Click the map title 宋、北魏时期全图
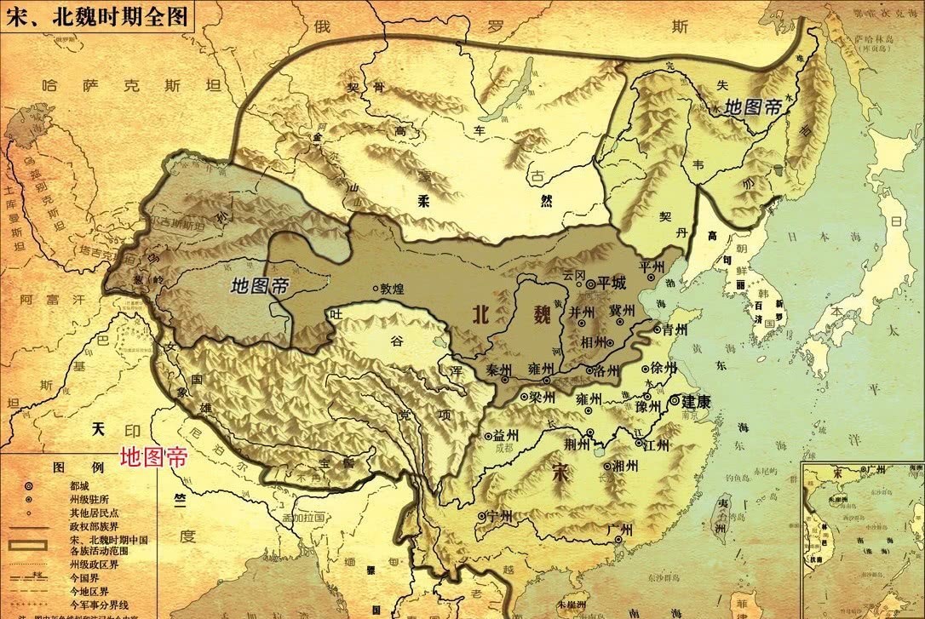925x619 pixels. pyautogui.click(x=95, y=15)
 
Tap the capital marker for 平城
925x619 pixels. pyautogui.click(x=590, y=284)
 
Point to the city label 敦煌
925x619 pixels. pyautogui.click(x=393, y=289)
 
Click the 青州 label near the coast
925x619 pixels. pyautogui.click(x=675, y=328)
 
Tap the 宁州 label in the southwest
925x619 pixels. pyautogui.click(x=499, y=515)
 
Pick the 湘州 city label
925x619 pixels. pyautogui.click(x=626, y=466)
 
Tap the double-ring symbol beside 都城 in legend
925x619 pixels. pyautogui.click(x=29, y=485)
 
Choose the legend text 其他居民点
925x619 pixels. pyautogui.click(x=95, y=513)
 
